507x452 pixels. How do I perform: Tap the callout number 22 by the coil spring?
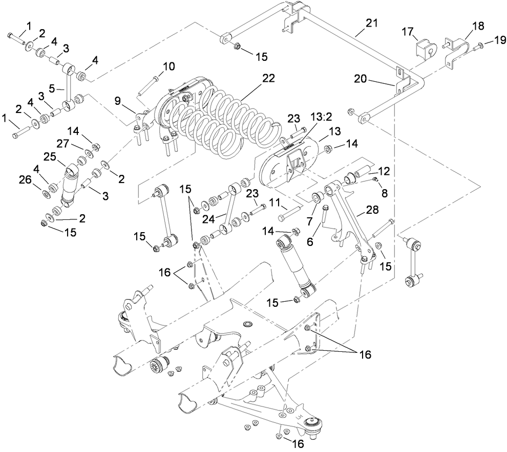coord(268,78)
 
